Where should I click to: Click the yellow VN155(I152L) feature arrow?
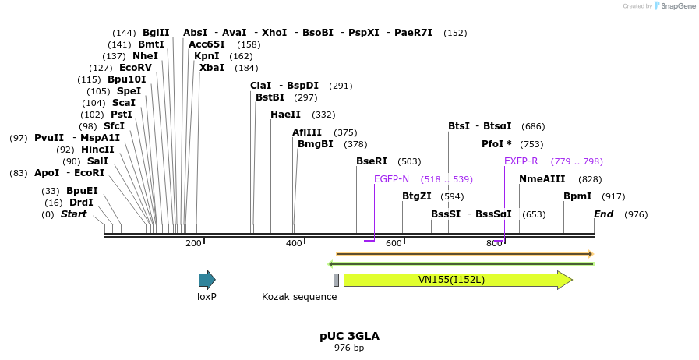(457, 280)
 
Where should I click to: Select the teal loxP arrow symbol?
(207, 280)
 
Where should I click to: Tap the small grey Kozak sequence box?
(336, 280)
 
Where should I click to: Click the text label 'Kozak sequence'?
(299, 297)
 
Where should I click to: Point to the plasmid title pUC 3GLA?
(349, 336)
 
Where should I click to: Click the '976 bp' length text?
(349, 348)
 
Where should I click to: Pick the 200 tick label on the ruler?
(193, 244)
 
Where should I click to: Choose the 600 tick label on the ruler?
(394, 244)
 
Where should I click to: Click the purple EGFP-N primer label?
(391, 179)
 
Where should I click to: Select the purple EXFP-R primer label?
(521, 161)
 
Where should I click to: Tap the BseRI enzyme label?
(372, 161)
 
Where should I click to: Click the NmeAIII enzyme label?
(542, 179)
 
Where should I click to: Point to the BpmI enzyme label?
(577, 196)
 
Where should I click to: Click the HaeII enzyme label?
(285, 115)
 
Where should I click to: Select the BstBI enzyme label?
(270, 97)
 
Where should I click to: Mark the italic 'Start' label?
(74, 214)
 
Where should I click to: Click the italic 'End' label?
(603, 214)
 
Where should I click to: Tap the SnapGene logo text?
(676, 6)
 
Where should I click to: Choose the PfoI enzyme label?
(493, 144)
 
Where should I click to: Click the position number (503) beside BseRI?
(409, 161)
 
